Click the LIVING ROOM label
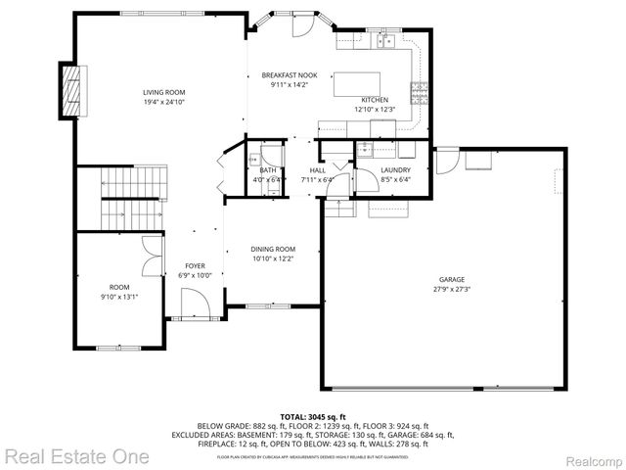pos(163,91)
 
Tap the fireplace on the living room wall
pos(69,90)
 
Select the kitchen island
pos(360,85)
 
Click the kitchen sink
pos(380,41)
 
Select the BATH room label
pos(267,170)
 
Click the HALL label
pos(318,170)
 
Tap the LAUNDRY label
pos(395,170)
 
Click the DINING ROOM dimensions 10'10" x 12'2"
pos(273,258)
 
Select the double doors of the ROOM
pos(149,257)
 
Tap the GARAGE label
pos(451,279)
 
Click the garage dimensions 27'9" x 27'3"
pos(451,289)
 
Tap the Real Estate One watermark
pos(76,456)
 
